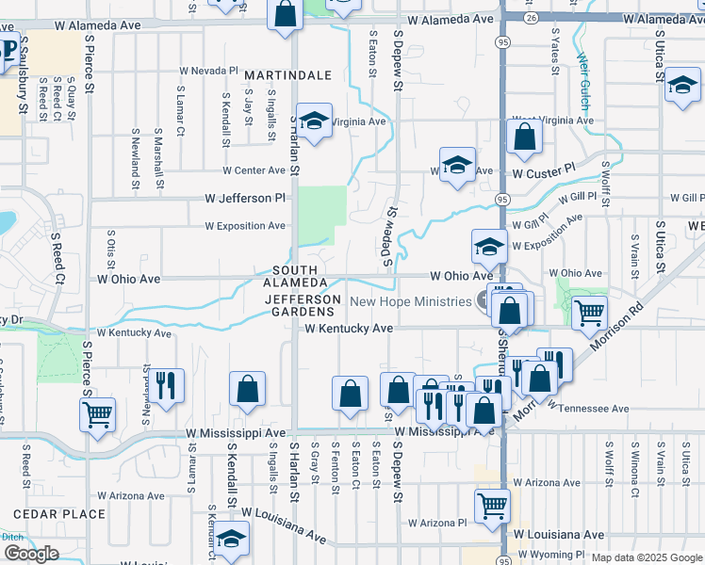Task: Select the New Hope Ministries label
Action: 410,301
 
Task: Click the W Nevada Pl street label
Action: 209,71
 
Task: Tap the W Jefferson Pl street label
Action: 246,199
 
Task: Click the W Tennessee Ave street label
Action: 593,409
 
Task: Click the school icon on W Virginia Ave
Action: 315,120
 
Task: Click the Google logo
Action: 31,554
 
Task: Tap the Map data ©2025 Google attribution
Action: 646,557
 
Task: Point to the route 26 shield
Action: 532,18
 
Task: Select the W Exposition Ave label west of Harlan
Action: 246,226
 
